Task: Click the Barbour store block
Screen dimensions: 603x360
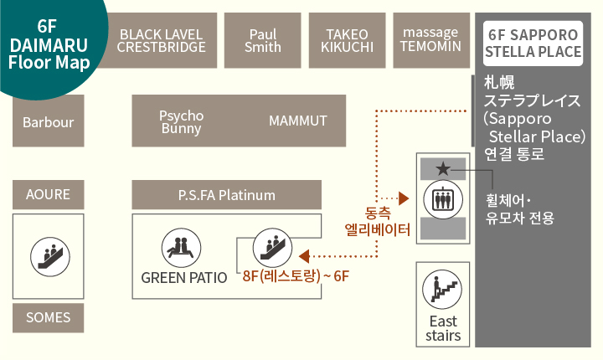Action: pos(49,121)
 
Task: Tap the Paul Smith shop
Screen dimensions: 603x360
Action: pos(263,40)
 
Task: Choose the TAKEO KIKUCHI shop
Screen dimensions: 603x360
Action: pos(348,40)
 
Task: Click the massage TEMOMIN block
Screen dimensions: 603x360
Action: pos(431,40)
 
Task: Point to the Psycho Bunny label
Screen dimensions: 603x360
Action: pos(181,121)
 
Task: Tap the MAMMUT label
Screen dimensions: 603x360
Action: pos(297,121)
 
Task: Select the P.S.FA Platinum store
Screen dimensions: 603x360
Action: pos(226,194)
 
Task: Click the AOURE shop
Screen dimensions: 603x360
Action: pos(49,194)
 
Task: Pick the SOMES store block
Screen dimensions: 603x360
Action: pos(49,317)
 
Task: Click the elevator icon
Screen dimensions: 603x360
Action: pos(443,199)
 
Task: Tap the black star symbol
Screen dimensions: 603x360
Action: pos(443,169)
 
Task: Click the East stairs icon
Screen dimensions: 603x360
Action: pos(442,289)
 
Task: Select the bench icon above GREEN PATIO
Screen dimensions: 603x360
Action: pos(181,248)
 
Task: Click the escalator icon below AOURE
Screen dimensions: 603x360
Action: pos(50,256)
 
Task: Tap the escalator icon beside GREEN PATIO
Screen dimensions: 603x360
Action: pos(272,248)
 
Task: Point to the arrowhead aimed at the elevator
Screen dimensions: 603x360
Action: pos(404,198)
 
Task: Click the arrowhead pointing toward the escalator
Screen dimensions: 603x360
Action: pos(304,256)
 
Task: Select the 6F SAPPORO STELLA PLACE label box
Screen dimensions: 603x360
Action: pos(533,44)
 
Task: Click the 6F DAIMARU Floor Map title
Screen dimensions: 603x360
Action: pos(49,44)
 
